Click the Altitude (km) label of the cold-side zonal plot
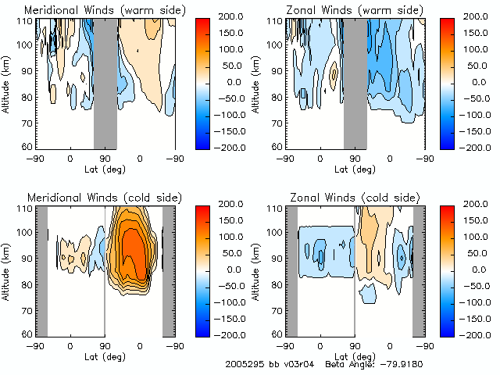256,270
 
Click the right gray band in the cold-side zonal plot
418,270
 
